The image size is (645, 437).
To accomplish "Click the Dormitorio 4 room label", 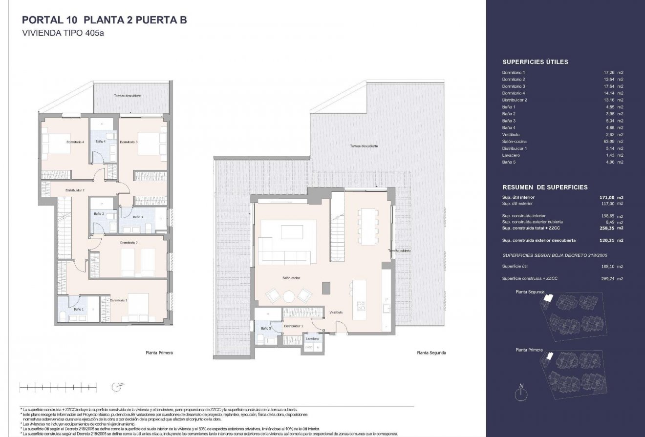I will click(x=76, y=142).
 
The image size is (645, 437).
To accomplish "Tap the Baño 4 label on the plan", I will click(x=101, y=142).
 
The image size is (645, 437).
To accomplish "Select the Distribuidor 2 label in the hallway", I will click(x=76, y=190).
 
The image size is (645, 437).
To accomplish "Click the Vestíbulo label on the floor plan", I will click(x=335, y=312).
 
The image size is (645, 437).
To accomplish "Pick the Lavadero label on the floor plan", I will click(x=312, y=338).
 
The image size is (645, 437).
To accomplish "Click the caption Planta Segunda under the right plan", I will click(x=431, y=353).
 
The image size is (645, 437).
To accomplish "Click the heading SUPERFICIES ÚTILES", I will click(x=535, y=62).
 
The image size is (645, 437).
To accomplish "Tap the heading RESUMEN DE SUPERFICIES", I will click(x=545, y=187).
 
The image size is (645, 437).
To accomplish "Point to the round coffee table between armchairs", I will click(x=290, y=296).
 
